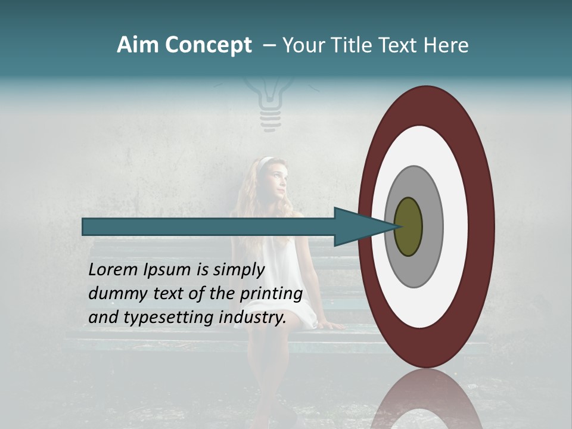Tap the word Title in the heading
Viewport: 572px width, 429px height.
click(x=351, y=45)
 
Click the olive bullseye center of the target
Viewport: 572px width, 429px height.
click(x=408, y=226)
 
